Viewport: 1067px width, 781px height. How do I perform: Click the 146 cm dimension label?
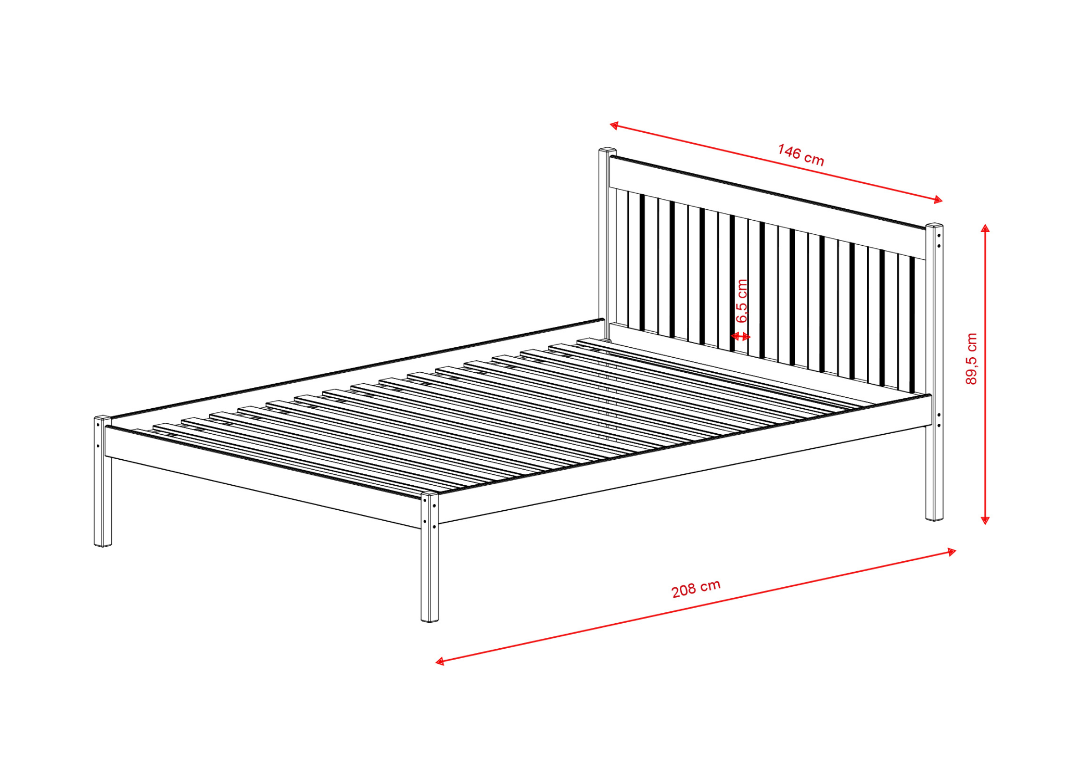coord(801,155)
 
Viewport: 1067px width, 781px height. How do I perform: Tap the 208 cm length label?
coord(696,588)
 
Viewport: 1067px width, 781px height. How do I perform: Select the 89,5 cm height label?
coord(971,359)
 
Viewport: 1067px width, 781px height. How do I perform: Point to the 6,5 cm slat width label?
coord(742,301)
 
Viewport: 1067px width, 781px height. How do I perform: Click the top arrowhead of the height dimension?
coord(985,228)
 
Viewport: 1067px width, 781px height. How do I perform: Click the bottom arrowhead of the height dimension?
coord(985,520)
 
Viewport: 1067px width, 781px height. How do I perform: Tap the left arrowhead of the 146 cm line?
coord(614,125)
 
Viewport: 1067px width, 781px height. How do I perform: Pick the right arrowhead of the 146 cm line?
coord(938,199)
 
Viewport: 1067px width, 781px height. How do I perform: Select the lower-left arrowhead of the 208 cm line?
coord(440,661)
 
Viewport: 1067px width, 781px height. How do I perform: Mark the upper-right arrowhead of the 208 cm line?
coord(951,552)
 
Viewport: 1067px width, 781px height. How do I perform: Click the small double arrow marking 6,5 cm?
coord(740,336)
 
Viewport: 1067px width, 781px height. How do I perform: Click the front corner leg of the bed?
coord(429,557)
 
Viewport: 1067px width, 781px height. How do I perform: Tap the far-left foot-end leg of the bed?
coord(103,481)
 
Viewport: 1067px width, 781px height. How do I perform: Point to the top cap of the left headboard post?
coord(607,150)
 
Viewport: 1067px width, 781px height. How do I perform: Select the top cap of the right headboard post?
coord(934,225)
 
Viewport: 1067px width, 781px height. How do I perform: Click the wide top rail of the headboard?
coord(768,208)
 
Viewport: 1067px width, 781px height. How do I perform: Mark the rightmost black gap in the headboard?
coord(912,324)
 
